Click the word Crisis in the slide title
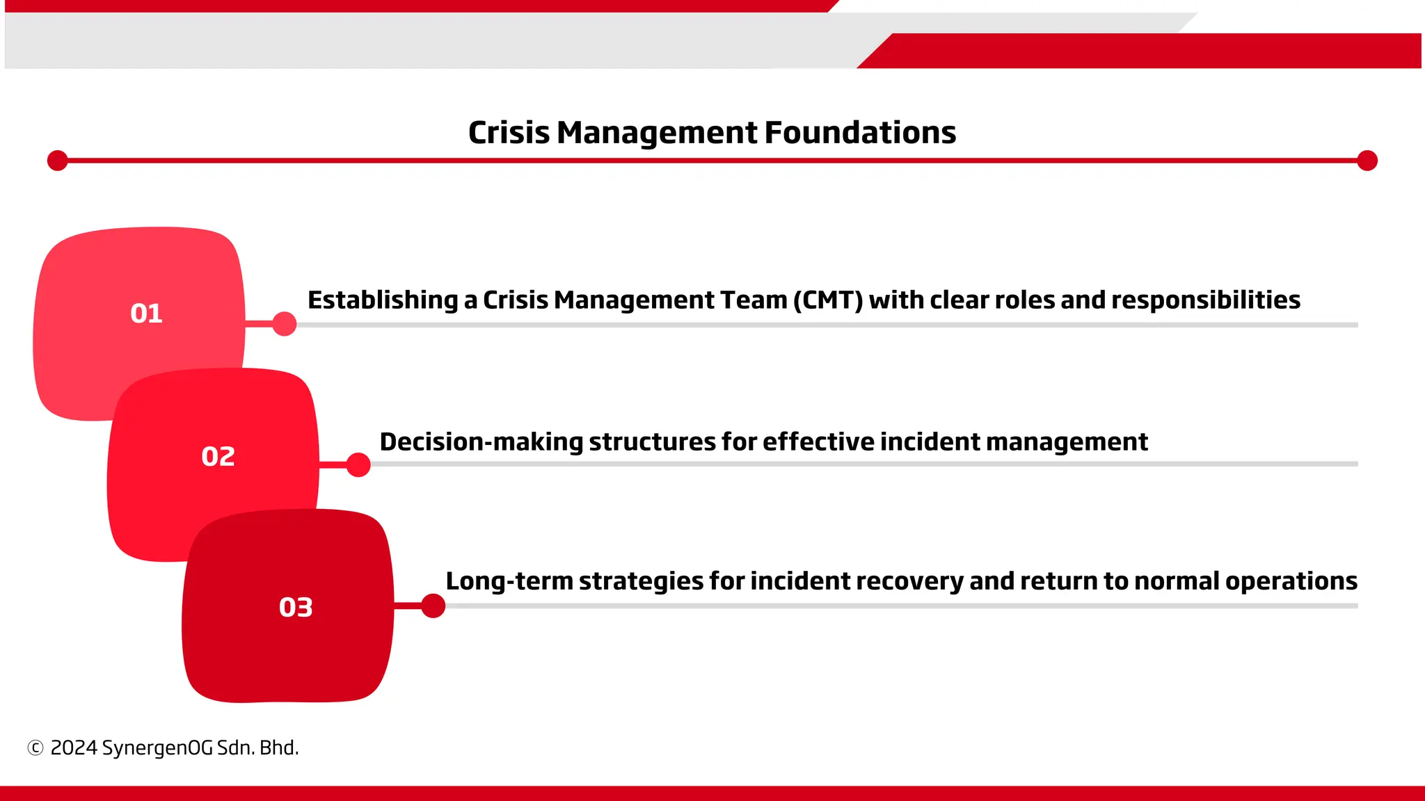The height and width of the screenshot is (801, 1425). (509, 132)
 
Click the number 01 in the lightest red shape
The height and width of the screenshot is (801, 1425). (146, 314)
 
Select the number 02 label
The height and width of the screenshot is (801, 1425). (218, 457)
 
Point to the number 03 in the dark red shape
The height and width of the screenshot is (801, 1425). (296, 608)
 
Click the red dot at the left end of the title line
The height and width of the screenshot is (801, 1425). (57, 161)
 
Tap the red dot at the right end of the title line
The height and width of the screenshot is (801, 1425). (1367, 161)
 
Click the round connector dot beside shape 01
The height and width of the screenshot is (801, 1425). (284, 323)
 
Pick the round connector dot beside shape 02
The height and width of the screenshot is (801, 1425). (358, 464)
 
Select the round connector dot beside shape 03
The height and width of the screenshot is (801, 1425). (433, 606)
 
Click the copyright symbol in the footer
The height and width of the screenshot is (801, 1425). (35, 748)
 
